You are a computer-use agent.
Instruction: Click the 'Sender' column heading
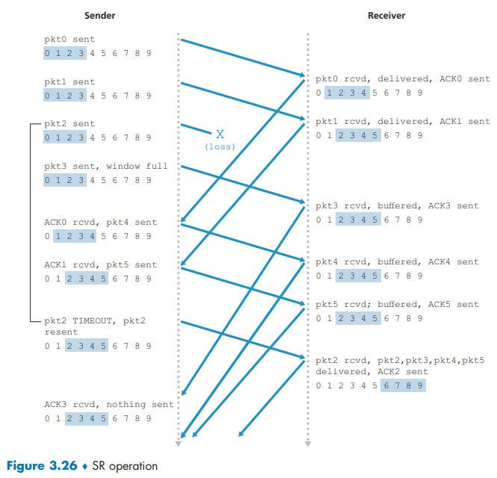coord(100,15)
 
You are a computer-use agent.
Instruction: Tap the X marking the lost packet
coord(220,134)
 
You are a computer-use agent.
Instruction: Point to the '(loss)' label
coord(220,147)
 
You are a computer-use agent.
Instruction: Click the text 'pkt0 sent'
coord(70,39)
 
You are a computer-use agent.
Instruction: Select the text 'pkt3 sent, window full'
coord(106,166)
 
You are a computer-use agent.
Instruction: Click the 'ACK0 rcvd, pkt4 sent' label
coord(100,222)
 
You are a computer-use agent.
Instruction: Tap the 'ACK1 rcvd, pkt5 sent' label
coord(100,264)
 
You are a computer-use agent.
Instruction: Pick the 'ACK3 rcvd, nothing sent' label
coord(108,404)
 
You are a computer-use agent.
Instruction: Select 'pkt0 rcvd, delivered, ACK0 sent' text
coord(402,78)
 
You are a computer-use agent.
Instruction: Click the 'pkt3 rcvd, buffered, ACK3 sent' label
coord(396,205)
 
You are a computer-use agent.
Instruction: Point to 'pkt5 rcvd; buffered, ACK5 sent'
coord(396,304)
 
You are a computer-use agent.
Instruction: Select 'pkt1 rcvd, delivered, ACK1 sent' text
coord(402,121)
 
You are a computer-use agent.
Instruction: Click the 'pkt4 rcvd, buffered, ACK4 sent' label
coord(396,261)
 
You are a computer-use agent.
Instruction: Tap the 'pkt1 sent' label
coord(70,81)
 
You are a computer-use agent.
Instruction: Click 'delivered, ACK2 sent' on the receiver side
coord(371,371)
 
